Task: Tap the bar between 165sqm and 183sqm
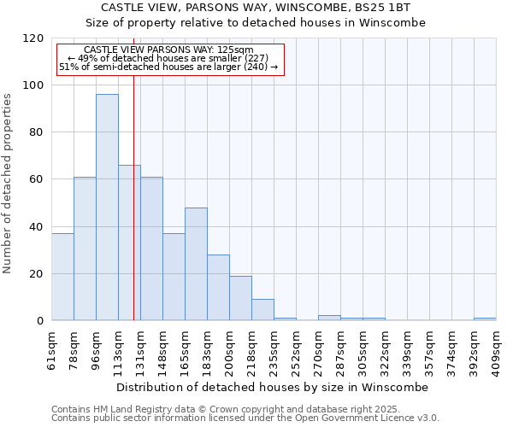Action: (x=196, y=264)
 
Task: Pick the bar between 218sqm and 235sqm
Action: (x=262, y=310)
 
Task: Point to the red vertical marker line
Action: (x=133, y=213)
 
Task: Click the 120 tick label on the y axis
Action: (x=33, y=38)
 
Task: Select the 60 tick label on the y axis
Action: (x=37, y=179)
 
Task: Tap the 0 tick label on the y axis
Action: (x=40, y=321)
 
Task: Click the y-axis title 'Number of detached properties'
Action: (x=8, y=184)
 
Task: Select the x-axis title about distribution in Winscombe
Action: (x=272, y=387)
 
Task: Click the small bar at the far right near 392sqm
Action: (x=485, y=319)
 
